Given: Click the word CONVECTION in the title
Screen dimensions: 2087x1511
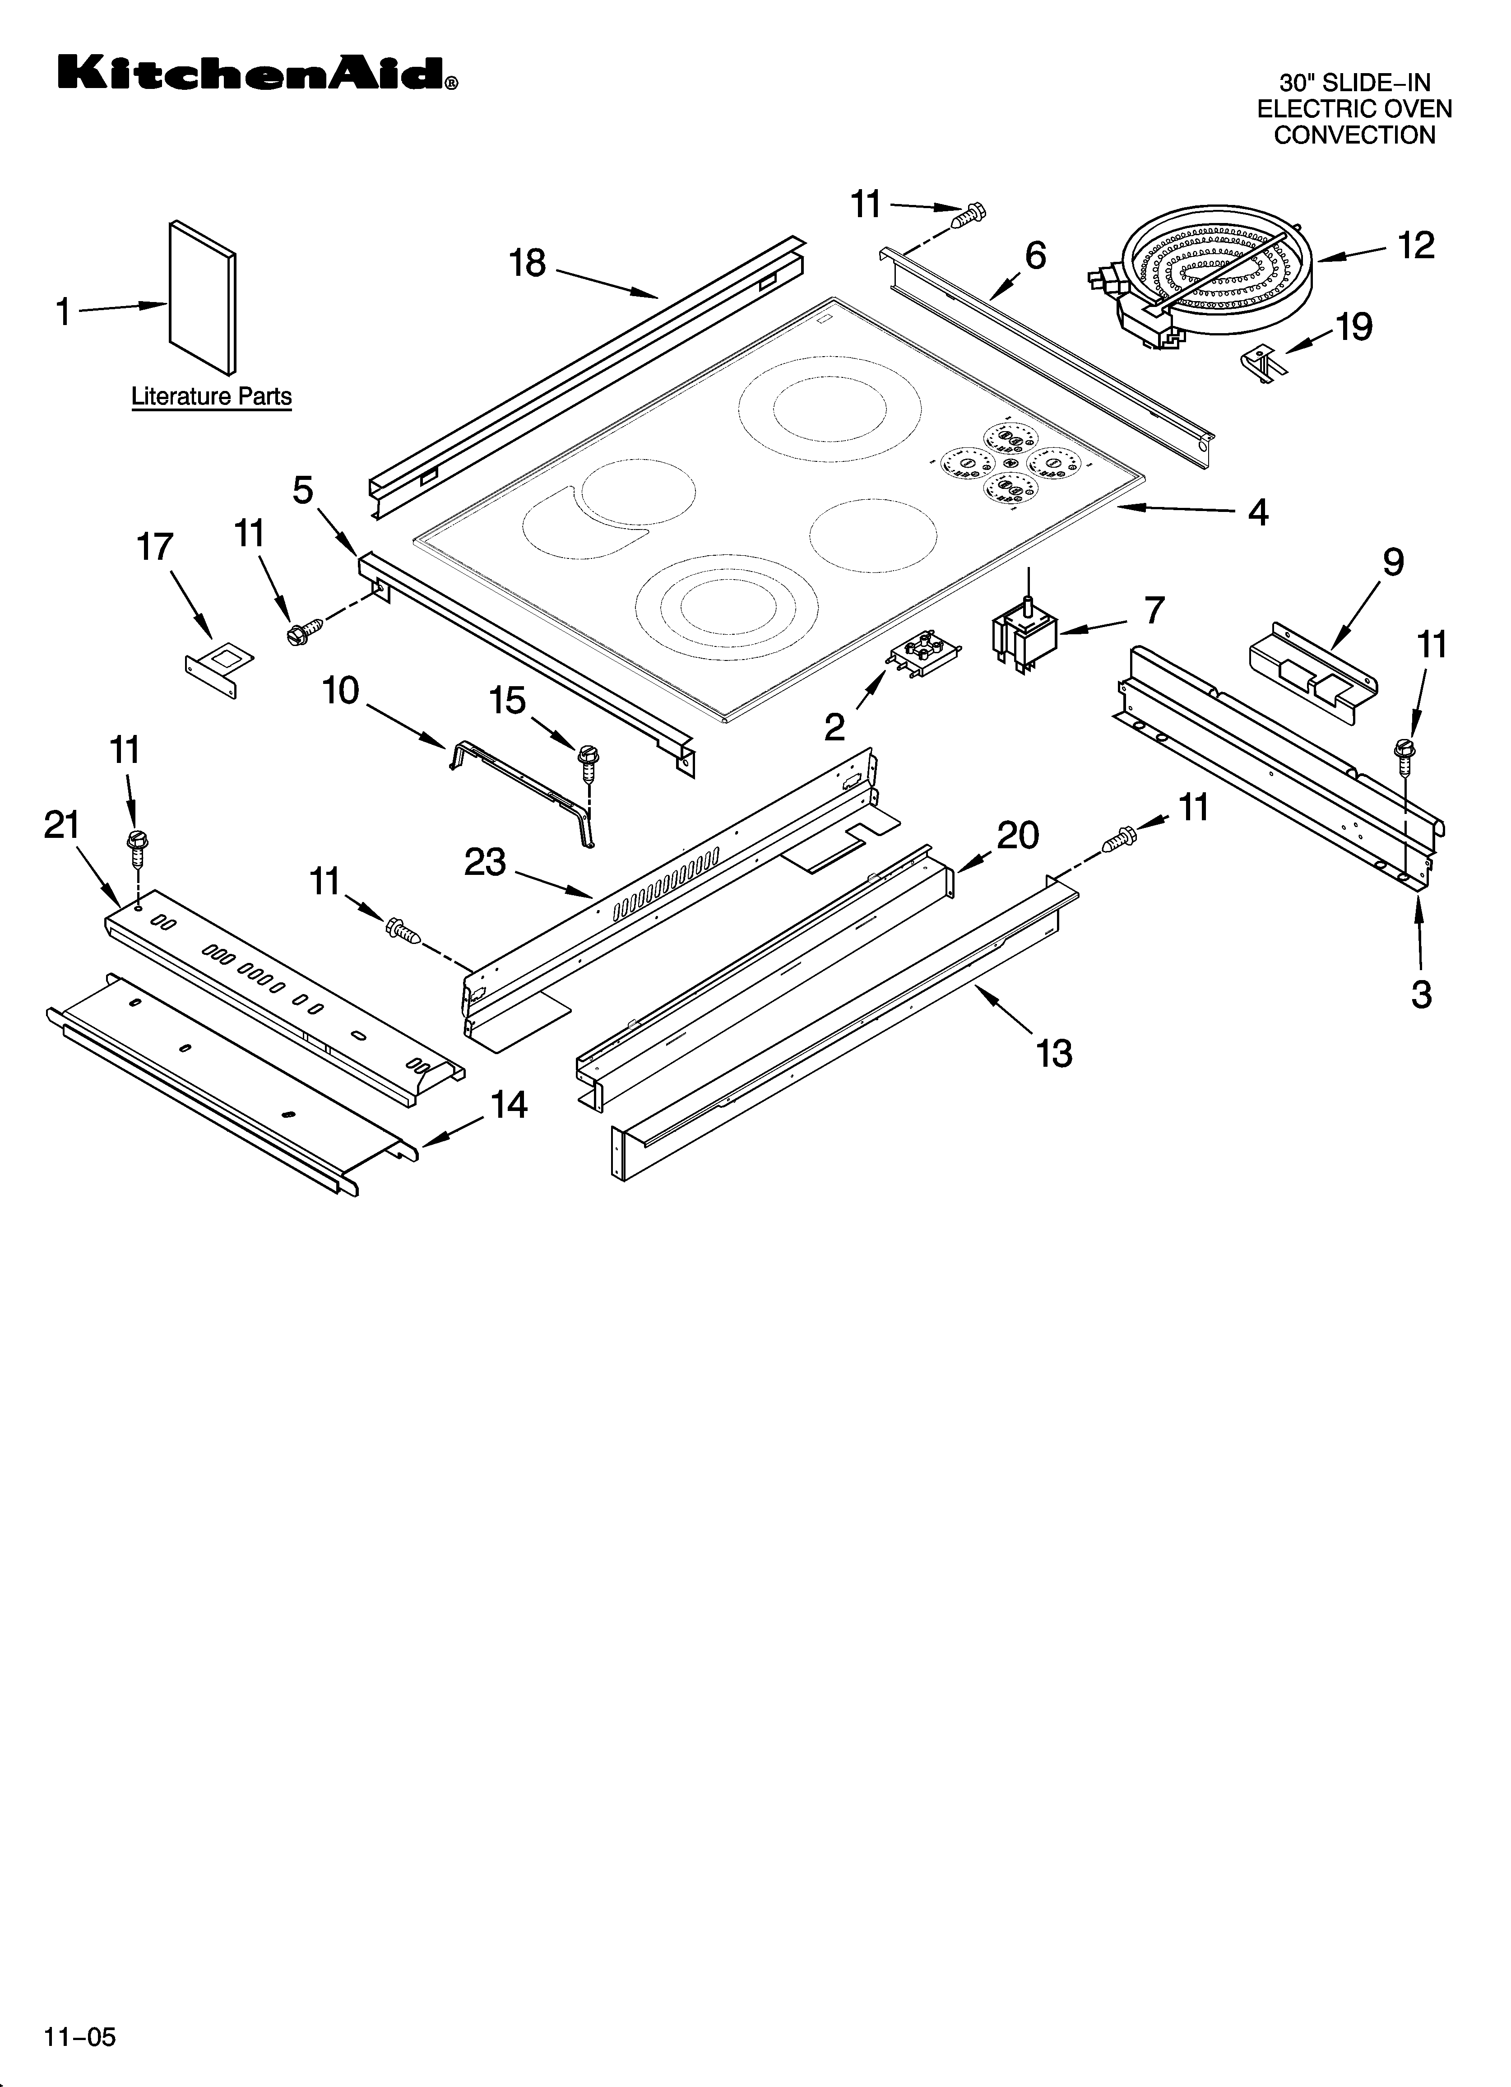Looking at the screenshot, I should (x=1354, y=135).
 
